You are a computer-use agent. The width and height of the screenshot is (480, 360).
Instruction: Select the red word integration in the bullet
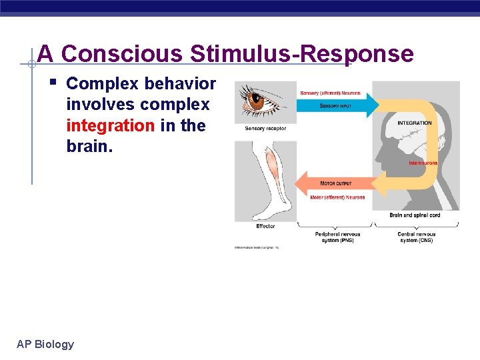[111, 125]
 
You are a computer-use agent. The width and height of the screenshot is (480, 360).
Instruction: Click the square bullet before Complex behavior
[53, 83]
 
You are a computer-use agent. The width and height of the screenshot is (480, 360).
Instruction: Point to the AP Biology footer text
[45, 344]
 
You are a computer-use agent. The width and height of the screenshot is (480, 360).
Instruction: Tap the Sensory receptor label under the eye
[265, 128]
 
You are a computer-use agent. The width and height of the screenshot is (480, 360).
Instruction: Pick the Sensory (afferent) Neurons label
[331, 93]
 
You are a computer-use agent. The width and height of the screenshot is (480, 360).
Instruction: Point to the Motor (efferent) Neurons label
[337, 197]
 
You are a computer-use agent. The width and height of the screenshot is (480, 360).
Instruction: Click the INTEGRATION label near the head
[414, 123]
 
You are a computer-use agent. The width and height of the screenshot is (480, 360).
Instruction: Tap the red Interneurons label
[423, 163]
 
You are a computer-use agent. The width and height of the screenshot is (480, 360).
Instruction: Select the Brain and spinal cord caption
[415, 215]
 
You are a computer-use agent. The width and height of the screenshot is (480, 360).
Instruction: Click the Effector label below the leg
[265, 227]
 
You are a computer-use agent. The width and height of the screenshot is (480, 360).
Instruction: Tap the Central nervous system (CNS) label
[416, 237]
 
